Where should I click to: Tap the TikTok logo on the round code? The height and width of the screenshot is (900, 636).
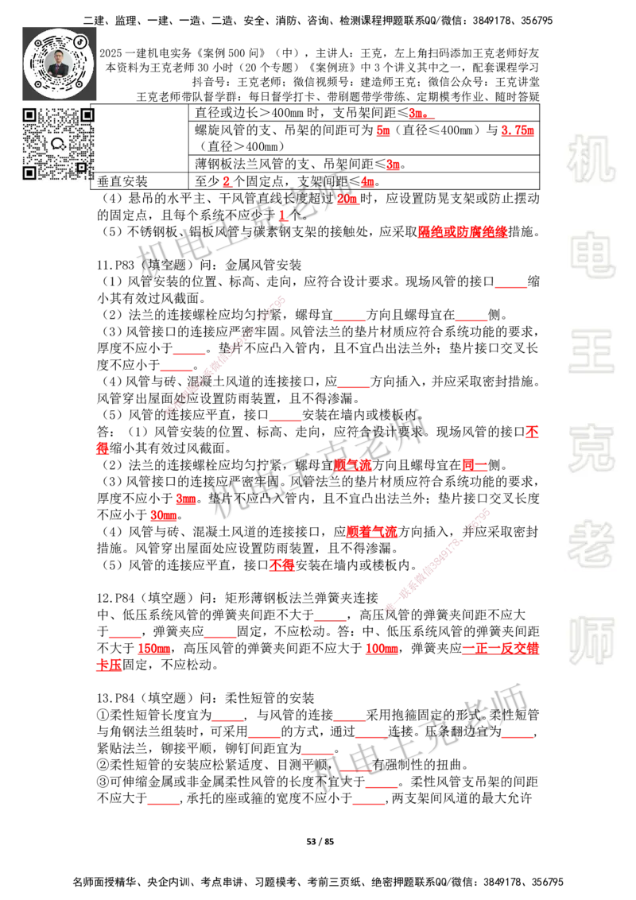click(x=80, y=40)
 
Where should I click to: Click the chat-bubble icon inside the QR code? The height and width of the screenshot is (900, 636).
click(x=58, y=144)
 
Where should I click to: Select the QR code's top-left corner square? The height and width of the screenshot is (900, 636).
click(x=29, y=115)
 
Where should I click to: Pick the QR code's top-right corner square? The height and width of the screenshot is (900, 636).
click(x=87, y=115)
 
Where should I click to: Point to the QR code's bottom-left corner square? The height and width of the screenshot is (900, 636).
click(x=29, y=173)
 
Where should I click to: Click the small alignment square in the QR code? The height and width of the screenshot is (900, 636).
click(x=81, y=167)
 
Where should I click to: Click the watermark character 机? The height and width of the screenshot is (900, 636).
click(x=591, y=159)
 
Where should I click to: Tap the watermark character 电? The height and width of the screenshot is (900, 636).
click(x=595, y=254)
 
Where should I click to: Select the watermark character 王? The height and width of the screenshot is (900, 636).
click(x=591, y=353)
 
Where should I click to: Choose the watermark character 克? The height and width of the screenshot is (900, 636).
click(x=591, y=448)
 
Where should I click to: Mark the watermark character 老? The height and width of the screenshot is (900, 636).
click(x=591, y=544)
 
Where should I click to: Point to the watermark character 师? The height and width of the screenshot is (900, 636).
click(x=591, y=642)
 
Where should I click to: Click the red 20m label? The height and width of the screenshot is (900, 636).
click(x=347, y=200)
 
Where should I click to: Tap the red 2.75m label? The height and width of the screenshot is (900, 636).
click(x=518, y=131)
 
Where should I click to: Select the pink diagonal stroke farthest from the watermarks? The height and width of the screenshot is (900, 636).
click(x=225, y=355)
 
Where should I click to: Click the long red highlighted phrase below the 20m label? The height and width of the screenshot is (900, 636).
click(x=462, y=231)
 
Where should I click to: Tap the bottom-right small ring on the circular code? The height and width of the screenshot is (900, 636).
click(x=79, y=83)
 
